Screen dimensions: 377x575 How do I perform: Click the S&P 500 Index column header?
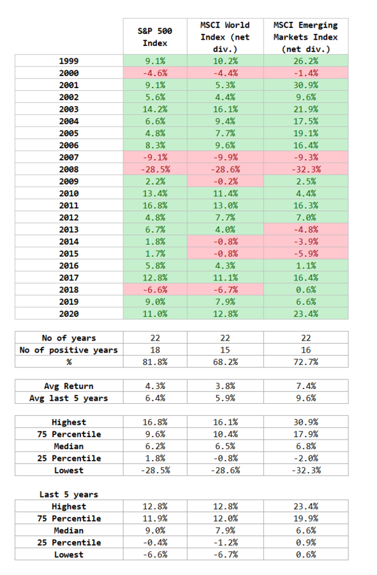(155, 37)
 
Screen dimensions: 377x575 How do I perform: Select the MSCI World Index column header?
(225, 37)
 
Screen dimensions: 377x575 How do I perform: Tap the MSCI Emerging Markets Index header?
(306, 37)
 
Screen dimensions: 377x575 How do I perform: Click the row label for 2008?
(69, 169)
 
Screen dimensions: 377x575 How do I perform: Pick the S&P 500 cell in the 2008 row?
(155, 169)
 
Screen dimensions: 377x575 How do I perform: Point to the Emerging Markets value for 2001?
(306, 85)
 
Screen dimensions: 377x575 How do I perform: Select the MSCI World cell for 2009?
(225, 181)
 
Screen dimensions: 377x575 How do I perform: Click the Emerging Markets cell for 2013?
(306, 229)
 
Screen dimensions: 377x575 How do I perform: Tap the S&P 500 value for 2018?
(155, 289)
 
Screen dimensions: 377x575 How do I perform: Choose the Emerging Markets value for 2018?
(306, 289)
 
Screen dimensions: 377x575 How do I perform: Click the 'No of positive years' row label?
(69, 350)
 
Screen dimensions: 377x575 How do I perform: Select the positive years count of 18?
(155, 350)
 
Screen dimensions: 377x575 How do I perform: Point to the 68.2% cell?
(225, 362)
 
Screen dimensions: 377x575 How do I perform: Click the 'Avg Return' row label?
(69, 386)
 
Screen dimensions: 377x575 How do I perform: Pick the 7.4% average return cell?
(306, 386)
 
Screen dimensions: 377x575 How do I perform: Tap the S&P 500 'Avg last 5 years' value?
(155, 398)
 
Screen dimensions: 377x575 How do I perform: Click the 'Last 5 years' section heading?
(69, 494)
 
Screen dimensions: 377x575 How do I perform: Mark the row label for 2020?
(69, 314)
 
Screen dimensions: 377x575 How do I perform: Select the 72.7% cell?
(306, 362)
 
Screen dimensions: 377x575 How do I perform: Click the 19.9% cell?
(306, 519)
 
